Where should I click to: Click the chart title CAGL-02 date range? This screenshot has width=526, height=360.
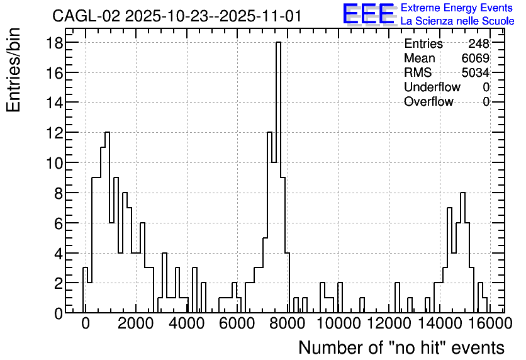point(177,16)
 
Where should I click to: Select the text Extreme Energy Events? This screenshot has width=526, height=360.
point(457,8)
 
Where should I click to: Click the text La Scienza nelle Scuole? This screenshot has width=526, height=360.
point(457,21)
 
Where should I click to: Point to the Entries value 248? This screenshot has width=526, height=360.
point(479,43)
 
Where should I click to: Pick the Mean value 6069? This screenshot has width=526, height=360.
point(475,58)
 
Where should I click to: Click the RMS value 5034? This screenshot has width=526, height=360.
point(475,72)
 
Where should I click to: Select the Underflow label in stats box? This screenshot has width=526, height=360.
point(432,87)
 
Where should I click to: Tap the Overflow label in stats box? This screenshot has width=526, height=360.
point(428,101)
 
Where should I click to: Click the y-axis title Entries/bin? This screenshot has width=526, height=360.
point(13,70)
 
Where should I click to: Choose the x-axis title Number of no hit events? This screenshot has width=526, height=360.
point(401,347)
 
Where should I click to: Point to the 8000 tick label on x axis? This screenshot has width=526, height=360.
point(288,323)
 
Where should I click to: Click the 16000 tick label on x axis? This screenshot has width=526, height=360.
point(490,323)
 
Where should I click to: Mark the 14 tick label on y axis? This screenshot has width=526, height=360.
point(54,103)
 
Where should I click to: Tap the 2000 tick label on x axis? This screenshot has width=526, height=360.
point(136,323)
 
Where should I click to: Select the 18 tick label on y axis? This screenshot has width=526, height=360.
point(54,42)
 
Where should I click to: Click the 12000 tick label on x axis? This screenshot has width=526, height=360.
point(389,323)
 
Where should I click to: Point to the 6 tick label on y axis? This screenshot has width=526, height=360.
point(59,223)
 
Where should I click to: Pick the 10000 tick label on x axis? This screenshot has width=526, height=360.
point(339,323)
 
